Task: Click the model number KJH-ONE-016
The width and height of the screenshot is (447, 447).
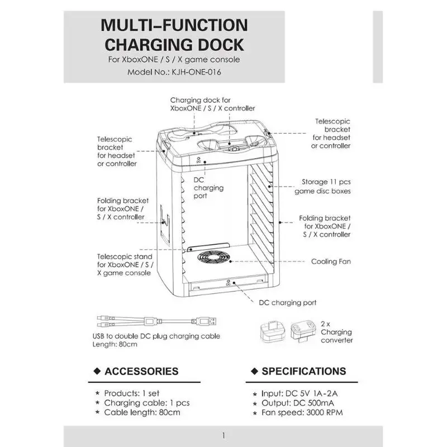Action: [x=196, y=72]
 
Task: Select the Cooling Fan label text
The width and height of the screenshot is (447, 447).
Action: [x=331, y=261]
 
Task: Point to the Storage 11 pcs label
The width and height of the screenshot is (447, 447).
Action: [x=326, y=182]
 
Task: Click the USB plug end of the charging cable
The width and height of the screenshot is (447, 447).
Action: [x=205, y=322]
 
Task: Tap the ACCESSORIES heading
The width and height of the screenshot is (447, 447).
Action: [x=141, y=371]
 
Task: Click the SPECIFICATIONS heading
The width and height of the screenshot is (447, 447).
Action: [x=304, y=371]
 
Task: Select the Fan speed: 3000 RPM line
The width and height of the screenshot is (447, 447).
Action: [x=302, y=412]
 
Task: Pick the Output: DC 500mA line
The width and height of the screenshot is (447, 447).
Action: [x=298, y=403]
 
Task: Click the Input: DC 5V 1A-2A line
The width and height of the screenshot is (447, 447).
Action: [x=299, y=393]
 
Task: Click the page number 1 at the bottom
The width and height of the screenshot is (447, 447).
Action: [x=223, y=435]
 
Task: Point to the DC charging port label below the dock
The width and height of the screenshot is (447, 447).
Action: [x=288, y=302]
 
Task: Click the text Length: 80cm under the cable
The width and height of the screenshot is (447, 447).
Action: [x=115, y=344]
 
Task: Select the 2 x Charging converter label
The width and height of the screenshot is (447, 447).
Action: [x=337, y=332]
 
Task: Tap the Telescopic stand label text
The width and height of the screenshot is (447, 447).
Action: [x=125, y=256]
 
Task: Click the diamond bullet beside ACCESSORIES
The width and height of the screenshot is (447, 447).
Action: [x=97, y=371]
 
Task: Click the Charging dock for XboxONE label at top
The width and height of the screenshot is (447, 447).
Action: [x=212, y=104]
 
